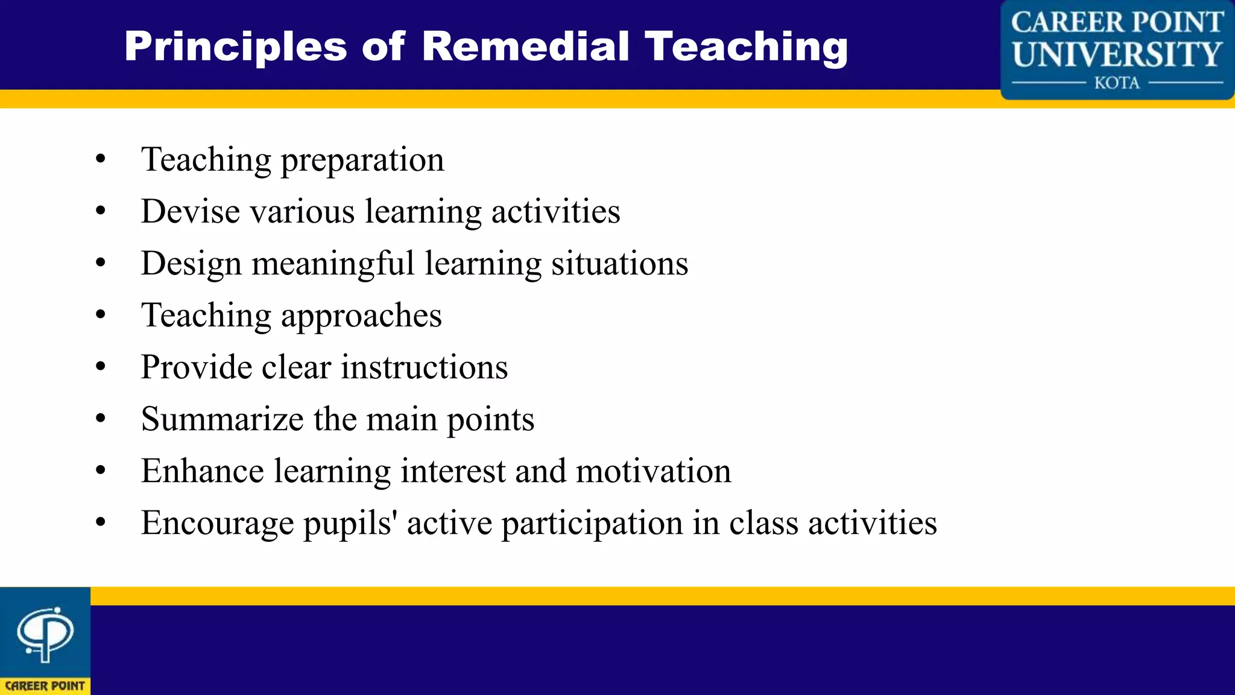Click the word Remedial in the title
525,46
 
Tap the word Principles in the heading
236,48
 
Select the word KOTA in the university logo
1117,83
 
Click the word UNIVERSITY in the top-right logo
1117,54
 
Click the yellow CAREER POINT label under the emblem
45,686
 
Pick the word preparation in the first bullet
362,160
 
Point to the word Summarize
223,419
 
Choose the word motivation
653,471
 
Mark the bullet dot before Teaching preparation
101,159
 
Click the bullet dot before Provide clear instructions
101,366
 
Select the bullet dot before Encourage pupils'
101,522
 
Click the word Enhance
203,471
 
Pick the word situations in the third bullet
619,264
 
